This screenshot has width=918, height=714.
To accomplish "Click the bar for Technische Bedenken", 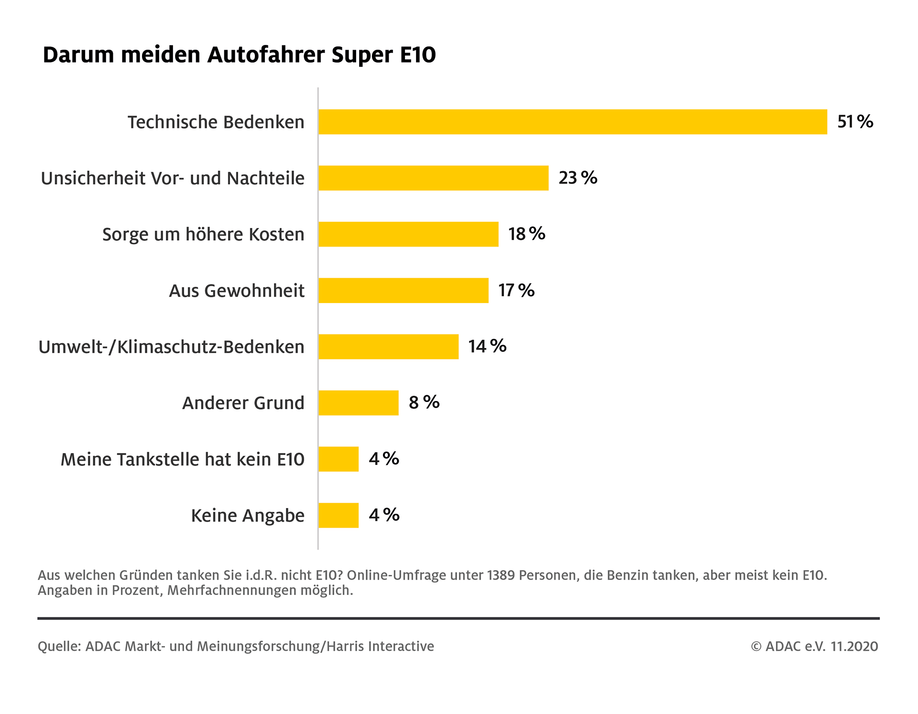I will pos(572,122).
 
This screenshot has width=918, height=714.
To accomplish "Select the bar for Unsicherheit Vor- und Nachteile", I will pos(433,178).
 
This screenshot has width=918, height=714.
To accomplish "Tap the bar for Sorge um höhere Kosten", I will pos(408,234).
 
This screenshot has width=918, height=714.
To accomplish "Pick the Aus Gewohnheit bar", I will pos(403,291).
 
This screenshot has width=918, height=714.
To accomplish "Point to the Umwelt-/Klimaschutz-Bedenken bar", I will pos(388,346).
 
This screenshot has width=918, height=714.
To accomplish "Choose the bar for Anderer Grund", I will pos(358,403).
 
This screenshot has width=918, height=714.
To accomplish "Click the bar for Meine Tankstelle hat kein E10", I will pos(338,459).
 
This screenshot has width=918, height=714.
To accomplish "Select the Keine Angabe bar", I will pos(338,515).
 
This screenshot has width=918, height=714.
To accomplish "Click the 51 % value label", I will pos(855,122).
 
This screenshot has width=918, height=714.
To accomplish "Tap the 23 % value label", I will pos(578,178).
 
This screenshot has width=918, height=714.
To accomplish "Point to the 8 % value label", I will pos(424,402).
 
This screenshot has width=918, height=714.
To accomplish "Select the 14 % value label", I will pos(487,346).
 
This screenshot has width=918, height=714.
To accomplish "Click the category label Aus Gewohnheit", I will pos(237,291).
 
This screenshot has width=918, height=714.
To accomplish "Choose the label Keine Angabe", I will pos(248,516).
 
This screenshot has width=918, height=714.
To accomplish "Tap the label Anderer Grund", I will pos(243,403).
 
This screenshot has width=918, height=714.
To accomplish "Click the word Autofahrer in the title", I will pos(266,54).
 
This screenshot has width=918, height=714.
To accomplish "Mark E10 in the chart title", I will pos(417,54).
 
